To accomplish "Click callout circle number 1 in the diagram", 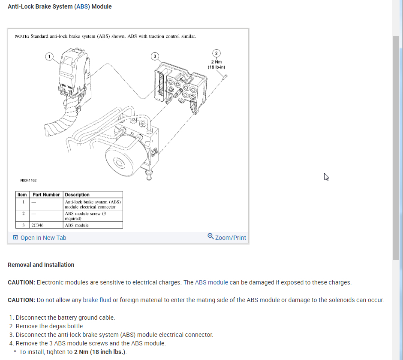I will (49, 56).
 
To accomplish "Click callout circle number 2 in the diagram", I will (216, 53).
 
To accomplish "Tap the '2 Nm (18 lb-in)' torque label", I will (216, 64).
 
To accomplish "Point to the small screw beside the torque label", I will (225, 76).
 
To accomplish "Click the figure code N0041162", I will (28, 181).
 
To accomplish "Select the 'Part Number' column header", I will (46, 195).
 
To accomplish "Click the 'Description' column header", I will (77, 195).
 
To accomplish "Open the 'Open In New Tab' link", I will (43, 238).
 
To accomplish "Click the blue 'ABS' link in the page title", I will (83, 6).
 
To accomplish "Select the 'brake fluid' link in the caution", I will (97, 300).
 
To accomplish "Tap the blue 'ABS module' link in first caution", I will (211, 282).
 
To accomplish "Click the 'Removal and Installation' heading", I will (41, 265).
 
